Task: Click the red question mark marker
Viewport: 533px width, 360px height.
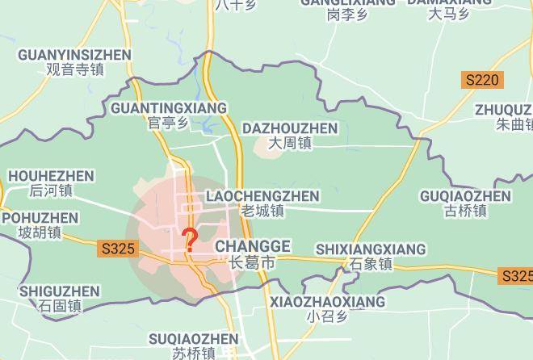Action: [190, 240]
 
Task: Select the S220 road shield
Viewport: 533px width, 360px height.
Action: [482, 80]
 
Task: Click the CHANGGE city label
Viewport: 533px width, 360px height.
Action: [253, 246]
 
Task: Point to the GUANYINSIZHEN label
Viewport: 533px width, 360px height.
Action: [74, 55]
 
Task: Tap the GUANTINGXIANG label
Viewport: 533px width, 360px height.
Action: [169, 108]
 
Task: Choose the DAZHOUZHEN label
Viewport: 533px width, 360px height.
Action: [290, 128]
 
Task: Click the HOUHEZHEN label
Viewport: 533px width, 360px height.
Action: [51, 176]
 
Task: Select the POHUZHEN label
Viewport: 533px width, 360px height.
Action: [40, 218]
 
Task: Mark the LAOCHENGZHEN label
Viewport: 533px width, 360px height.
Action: [262, 196]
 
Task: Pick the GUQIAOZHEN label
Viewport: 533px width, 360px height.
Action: [465, 196]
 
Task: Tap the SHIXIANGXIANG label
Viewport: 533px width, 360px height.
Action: [371, 249]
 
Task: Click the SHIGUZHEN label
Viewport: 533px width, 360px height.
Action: [60, 291]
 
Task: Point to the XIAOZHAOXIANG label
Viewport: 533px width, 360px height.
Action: [327, 302]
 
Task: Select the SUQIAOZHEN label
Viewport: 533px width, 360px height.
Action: [194, 339]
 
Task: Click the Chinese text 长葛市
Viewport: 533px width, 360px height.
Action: [252, 263]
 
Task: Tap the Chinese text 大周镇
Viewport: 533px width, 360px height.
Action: [290, 144]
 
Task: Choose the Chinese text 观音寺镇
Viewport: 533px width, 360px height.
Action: [75, 69]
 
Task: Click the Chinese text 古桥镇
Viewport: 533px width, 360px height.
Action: [465, 211]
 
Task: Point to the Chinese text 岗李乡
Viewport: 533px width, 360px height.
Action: [348, 14]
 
